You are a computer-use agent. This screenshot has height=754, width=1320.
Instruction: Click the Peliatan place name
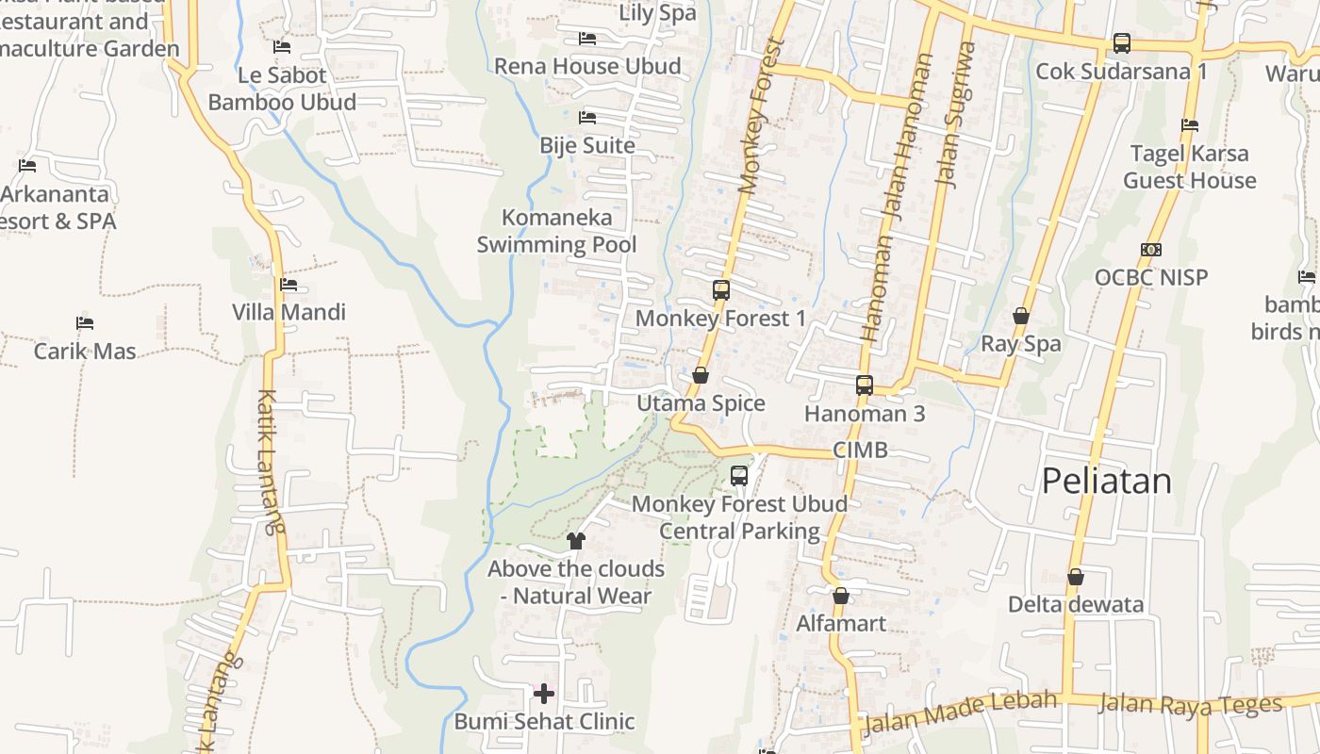tap(1106, 482)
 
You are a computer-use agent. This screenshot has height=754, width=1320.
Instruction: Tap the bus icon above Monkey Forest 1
tap(721, 290)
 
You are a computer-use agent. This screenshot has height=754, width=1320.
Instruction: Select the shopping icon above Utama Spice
tap(701, 375)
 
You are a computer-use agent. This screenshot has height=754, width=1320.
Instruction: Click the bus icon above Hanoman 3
tap(865, 385)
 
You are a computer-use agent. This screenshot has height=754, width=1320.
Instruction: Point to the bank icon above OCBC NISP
tap(1151, 250)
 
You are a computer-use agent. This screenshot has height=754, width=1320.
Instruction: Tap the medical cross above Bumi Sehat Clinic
tap(544, 695)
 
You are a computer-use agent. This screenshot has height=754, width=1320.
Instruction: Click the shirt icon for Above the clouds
tap(576, 541)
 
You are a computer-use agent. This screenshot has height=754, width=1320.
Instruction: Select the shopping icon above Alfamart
tap(841, 596)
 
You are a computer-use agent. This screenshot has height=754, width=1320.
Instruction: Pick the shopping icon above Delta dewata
tap(1076, 577)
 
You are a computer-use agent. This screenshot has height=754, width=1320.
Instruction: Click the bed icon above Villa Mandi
tap(289, 285)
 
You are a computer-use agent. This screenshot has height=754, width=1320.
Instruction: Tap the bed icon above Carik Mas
tap(85, 323)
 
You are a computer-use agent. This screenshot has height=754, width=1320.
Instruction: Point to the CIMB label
tap(860, 451)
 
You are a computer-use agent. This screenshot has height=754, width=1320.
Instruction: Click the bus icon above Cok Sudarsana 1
tap(1121, 43)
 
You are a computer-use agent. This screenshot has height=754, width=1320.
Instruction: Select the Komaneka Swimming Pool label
tap(556, 231)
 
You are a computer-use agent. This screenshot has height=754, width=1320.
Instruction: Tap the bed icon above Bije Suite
tap(587, 118)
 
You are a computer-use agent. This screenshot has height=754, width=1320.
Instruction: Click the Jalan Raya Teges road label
tap(1191, 704)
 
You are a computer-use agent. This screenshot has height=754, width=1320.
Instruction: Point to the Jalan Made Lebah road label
tap(961, 711)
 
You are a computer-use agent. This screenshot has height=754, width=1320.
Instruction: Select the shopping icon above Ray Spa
tap(1021, 316)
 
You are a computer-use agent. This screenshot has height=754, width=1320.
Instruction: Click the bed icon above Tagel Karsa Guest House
tap(1190, 125)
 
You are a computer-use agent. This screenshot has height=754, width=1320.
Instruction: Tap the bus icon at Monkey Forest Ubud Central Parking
tap(739, 476)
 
